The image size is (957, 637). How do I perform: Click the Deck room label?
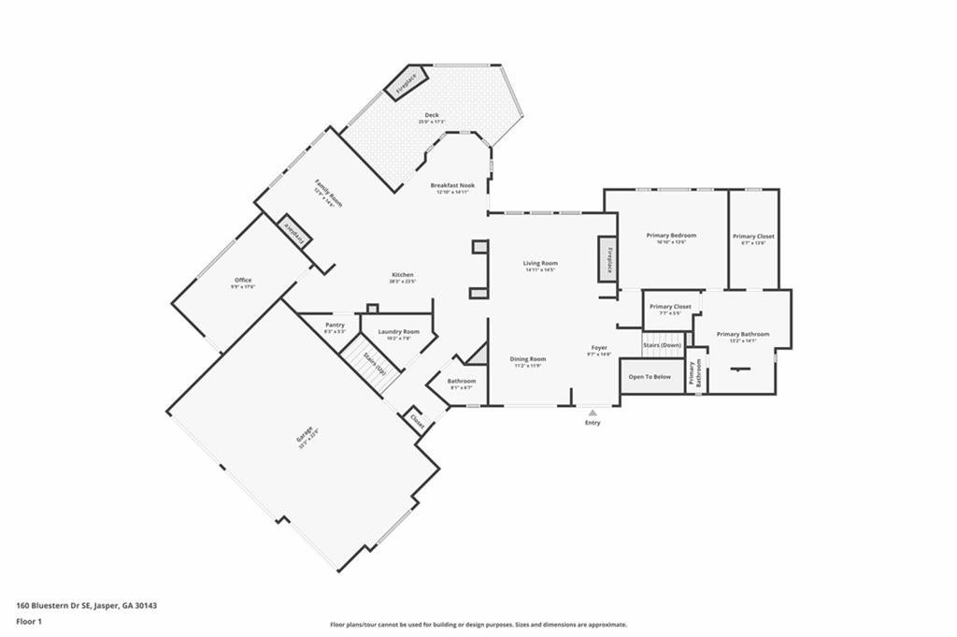tap(431, 115)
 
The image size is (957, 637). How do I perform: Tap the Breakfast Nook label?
tap(452, 186)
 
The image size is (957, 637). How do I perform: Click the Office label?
tap(243, 281)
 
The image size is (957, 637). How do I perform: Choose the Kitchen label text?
tap(402, 275)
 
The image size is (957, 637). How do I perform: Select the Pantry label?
tap(335, 326)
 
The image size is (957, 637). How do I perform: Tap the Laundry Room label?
tap(398, 332)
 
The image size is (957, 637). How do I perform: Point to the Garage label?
tap(306, 436)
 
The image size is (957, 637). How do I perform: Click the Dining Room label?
tap(528, 359)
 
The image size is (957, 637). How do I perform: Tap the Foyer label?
tap(599, 348)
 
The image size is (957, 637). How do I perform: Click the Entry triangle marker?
tap(593, 412)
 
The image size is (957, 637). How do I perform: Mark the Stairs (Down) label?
tap(662, 345)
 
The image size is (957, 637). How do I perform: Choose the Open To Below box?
tap(650, 377)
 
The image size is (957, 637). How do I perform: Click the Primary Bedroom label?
tap(671, 236)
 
